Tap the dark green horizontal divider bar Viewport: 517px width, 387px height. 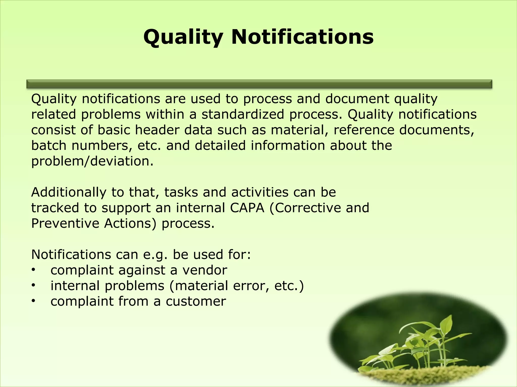click(259, 84)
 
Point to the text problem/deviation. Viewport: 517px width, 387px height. click(92, 161)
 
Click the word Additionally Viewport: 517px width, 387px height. click(69, 192)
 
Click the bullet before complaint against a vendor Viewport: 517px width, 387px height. click(33, 270)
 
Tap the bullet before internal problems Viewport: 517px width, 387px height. click(33, 286)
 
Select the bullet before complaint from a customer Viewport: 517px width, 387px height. click(33, 301)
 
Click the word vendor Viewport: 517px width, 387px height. click(205, 270)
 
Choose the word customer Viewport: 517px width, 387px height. click(196, 301)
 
